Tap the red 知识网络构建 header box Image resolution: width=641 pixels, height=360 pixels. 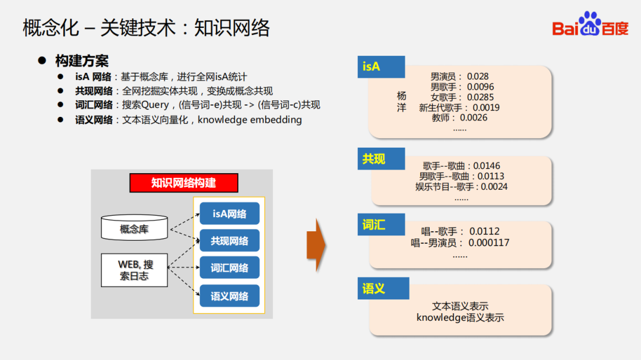click(x=183, y=183)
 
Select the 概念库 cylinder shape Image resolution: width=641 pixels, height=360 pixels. click(x=134, y=227)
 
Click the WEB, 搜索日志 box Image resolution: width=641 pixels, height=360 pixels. click(x=135, y=270)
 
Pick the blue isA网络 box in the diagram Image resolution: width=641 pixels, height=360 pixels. click(x=230, y=214)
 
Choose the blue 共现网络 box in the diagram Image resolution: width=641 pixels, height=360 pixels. click(x=230, y=241)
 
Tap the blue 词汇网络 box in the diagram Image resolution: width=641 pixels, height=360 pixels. click(x=230, y=268)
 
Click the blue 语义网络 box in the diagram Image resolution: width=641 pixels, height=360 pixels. click(x=230, y=296)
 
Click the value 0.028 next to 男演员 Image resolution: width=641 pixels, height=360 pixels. click(x=478, y=77)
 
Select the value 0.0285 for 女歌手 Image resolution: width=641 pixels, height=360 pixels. click(x=480, y=97)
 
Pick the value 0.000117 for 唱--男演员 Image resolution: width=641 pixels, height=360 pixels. click(x=488, y=243)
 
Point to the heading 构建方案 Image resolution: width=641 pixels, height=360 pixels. click(x=82, y=61)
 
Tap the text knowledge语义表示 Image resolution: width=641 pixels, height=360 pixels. click(x=460, y=317)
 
